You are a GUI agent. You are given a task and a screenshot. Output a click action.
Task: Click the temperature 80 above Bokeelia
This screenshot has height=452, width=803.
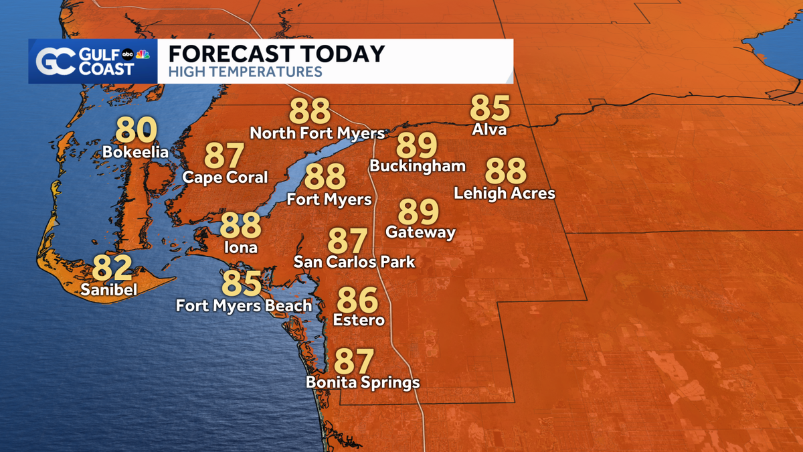(136, 130)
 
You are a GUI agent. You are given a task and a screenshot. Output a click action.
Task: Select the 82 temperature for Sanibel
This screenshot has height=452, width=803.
(112, 268)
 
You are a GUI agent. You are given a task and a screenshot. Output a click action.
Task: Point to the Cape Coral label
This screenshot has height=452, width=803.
(225, 177)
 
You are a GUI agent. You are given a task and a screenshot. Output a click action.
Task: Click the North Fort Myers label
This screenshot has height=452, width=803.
(317, 133)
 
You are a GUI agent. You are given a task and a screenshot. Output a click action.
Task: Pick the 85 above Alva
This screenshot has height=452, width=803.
(490, 108)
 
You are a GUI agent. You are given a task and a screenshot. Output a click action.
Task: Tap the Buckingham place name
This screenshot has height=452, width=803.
(417, 165)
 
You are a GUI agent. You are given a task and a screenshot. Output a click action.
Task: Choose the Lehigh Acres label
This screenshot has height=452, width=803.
(505, 194)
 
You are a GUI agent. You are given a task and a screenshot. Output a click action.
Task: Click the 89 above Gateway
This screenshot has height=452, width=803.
(418, 212)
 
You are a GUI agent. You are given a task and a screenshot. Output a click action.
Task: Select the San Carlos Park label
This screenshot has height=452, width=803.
(355, 262)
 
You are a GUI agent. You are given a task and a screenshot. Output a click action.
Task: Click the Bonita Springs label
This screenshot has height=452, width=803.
(363, 382)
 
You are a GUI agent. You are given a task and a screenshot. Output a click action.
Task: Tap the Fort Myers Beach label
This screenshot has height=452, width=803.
(244, 306)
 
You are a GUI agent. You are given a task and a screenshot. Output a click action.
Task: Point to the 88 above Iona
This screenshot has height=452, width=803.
(240, 226)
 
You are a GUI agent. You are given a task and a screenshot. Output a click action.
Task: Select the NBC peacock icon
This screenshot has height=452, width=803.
(142, 54)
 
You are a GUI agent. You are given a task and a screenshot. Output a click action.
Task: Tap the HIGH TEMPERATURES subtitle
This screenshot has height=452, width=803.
(245, 72)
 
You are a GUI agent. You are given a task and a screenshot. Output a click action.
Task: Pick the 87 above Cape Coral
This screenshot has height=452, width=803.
(224, 155)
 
